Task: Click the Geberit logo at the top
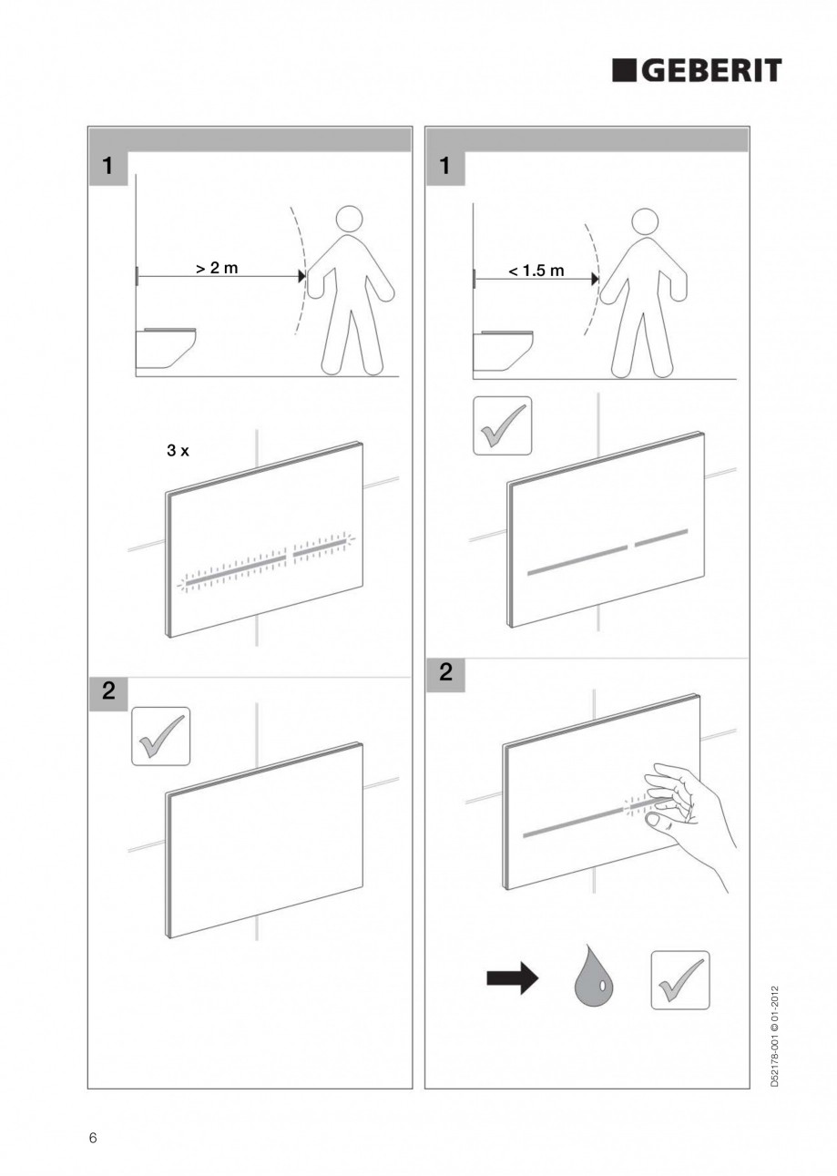coord(696,71)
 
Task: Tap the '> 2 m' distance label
coord(217,269)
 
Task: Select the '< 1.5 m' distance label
coord(536,271)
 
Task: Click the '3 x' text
coord(178,451)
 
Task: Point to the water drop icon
coord(593,980)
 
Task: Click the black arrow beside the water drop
coord(513,980)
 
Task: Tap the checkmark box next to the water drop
coord(679,980)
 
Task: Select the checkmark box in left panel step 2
coord(161,736)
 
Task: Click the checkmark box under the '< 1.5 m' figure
coord(503,424)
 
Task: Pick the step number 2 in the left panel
coord(108,690)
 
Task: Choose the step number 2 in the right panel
coord(445,673)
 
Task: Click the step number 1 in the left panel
coord(108,167)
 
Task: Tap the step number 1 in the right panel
coord(445,167)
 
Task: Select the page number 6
coord(92,1138)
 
